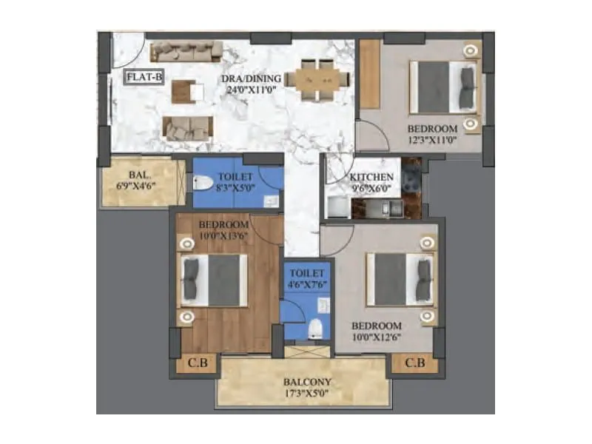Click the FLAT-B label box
point(144,77)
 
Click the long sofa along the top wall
point(186,51)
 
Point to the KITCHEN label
point(371,178)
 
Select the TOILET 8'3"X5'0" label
point(235,183)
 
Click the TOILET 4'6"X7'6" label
point(307,278)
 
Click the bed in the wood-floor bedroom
point(215,281)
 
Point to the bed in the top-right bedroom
point(443,87)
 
